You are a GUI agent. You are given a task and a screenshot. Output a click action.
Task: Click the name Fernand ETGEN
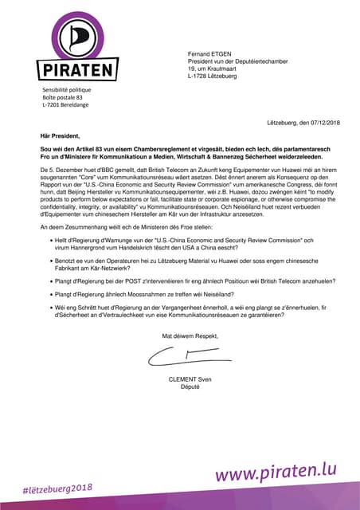(x=211, y=53)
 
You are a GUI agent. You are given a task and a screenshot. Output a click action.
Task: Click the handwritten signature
(x=181, y=359)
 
